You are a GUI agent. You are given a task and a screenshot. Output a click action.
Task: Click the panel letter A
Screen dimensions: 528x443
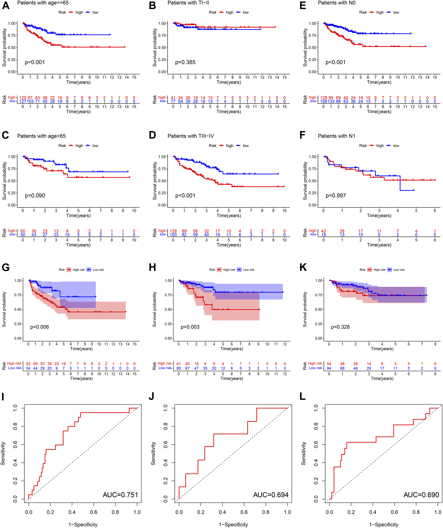point(6,5)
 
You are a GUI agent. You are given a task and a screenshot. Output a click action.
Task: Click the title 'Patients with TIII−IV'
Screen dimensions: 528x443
point(191,136)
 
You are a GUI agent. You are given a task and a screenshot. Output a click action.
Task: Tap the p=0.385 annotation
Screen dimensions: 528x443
point(185,62)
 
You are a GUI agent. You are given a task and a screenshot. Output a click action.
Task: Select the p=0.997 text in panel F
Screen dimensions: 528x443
point(336,196)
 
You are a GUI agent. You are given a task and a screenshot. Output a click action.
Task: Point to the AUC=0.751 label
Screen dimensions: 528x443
point(120,495)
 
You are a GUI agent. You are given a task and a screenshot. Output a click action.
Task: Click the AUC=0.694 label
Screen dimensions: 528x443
point(271,495)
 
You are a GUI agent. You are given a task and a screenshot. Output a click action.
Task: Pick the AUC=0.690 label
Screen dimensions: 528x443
point(421,495)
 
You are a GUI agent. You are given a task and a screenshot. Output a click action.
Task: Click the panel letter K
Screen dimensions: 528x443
point(303,268)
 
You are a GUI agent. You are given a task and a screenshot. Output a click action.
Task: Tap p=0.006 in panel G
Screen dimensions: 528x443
point(40,327)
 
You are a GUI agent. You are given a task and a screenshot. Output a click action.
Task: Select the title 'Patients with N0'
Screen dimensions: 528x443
point(337,3)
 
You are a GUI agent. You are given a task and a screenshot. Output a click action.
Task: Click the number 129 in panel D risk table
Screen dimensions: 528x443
point(173,231)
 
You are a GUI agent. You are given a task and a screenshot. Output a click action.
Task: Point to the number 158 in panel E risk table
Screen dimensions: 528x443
point(324,101)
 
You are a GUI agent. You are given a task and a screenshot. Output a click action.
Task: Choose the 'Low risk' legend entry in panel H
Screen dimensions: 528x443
point(249,270)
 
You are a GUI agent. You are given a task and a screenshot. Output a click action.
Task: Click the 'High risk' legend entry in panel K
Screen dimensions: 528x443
point(379,270)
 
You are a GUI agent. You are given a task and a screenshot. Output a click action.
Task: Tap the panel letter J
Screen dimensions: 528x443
point(152,396)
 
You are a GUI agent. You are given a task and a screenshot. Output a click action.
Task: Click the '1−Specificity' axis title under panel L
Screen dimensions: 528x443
point(384,524)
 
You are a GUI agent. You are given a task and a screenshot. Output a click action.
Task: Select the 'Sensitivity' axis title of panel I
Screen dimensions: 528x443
point(3,454)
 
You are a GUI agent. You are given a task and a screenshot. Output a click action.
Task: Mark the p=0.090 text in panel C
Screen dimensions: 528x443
point(35,196)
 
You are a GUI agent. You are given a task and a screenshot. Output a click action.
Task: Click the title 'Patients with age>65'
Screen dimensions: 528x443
point(41,136)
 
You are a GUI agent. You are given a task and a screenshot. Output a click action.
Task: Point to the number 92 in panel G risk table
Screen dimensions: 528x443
point(28,364)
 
